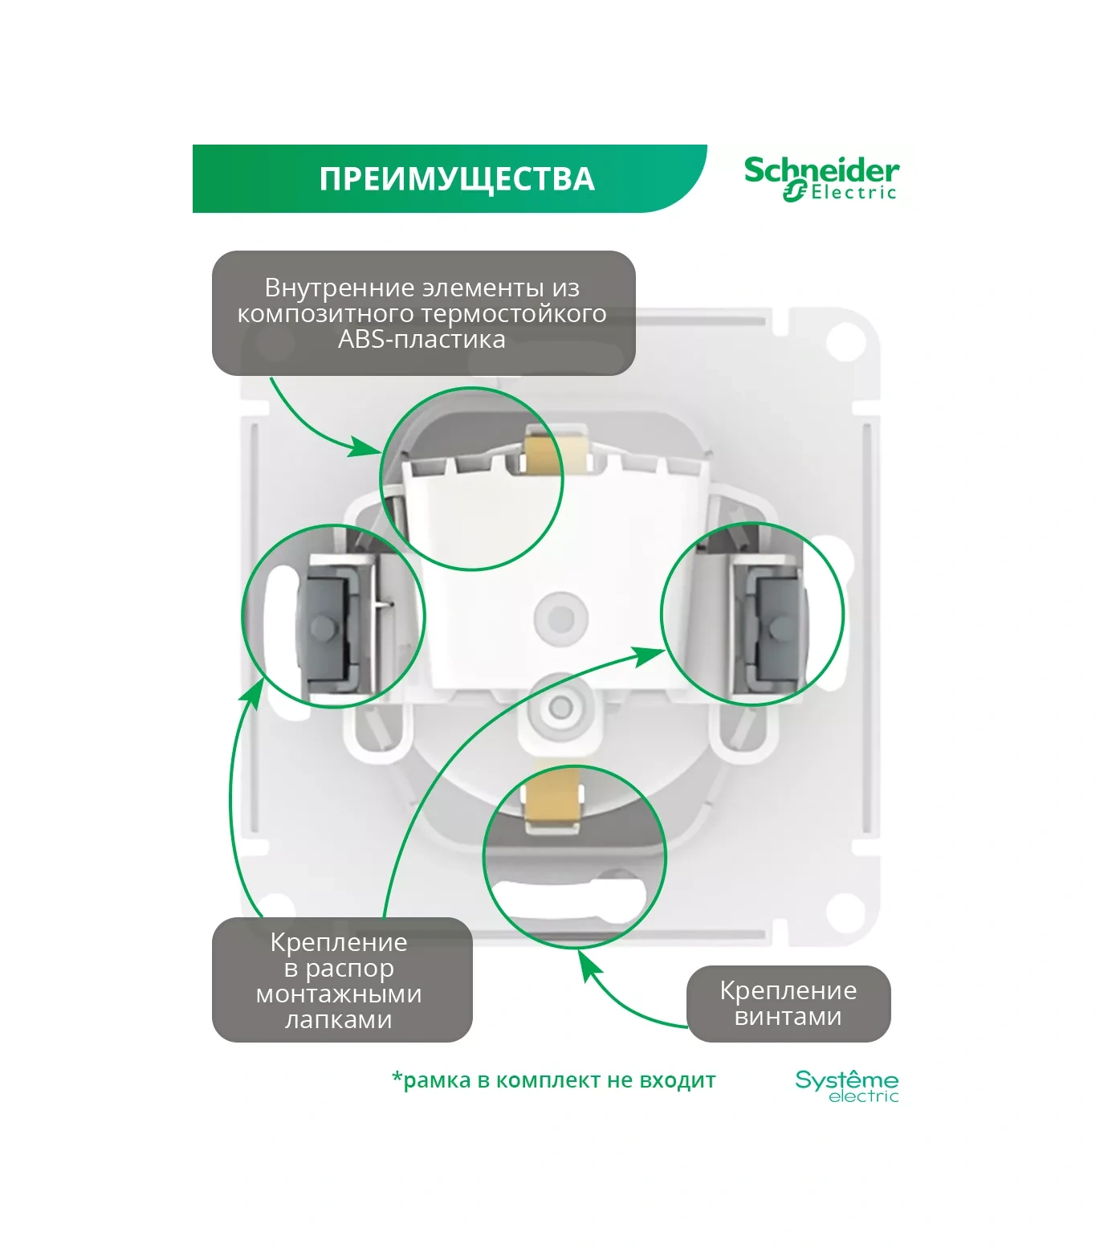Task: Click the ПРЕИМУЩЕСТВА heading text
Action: click(x=456, y=179)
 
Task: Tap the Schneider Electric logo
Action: click(x=821, y=178)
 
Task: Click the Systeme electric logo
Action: click(x=846, y=1086)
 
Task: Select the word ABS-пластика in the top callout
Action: click(x=422, y=339)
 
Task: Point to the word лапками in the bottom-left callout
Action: click(x=338, y=1019)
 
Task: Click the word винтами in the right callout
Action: click(x=788, y=1016)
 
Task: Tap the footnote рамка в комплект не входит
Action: click(x=553, y=1080)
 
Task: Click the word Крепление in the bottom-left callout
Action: click(x=338, y=942)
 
